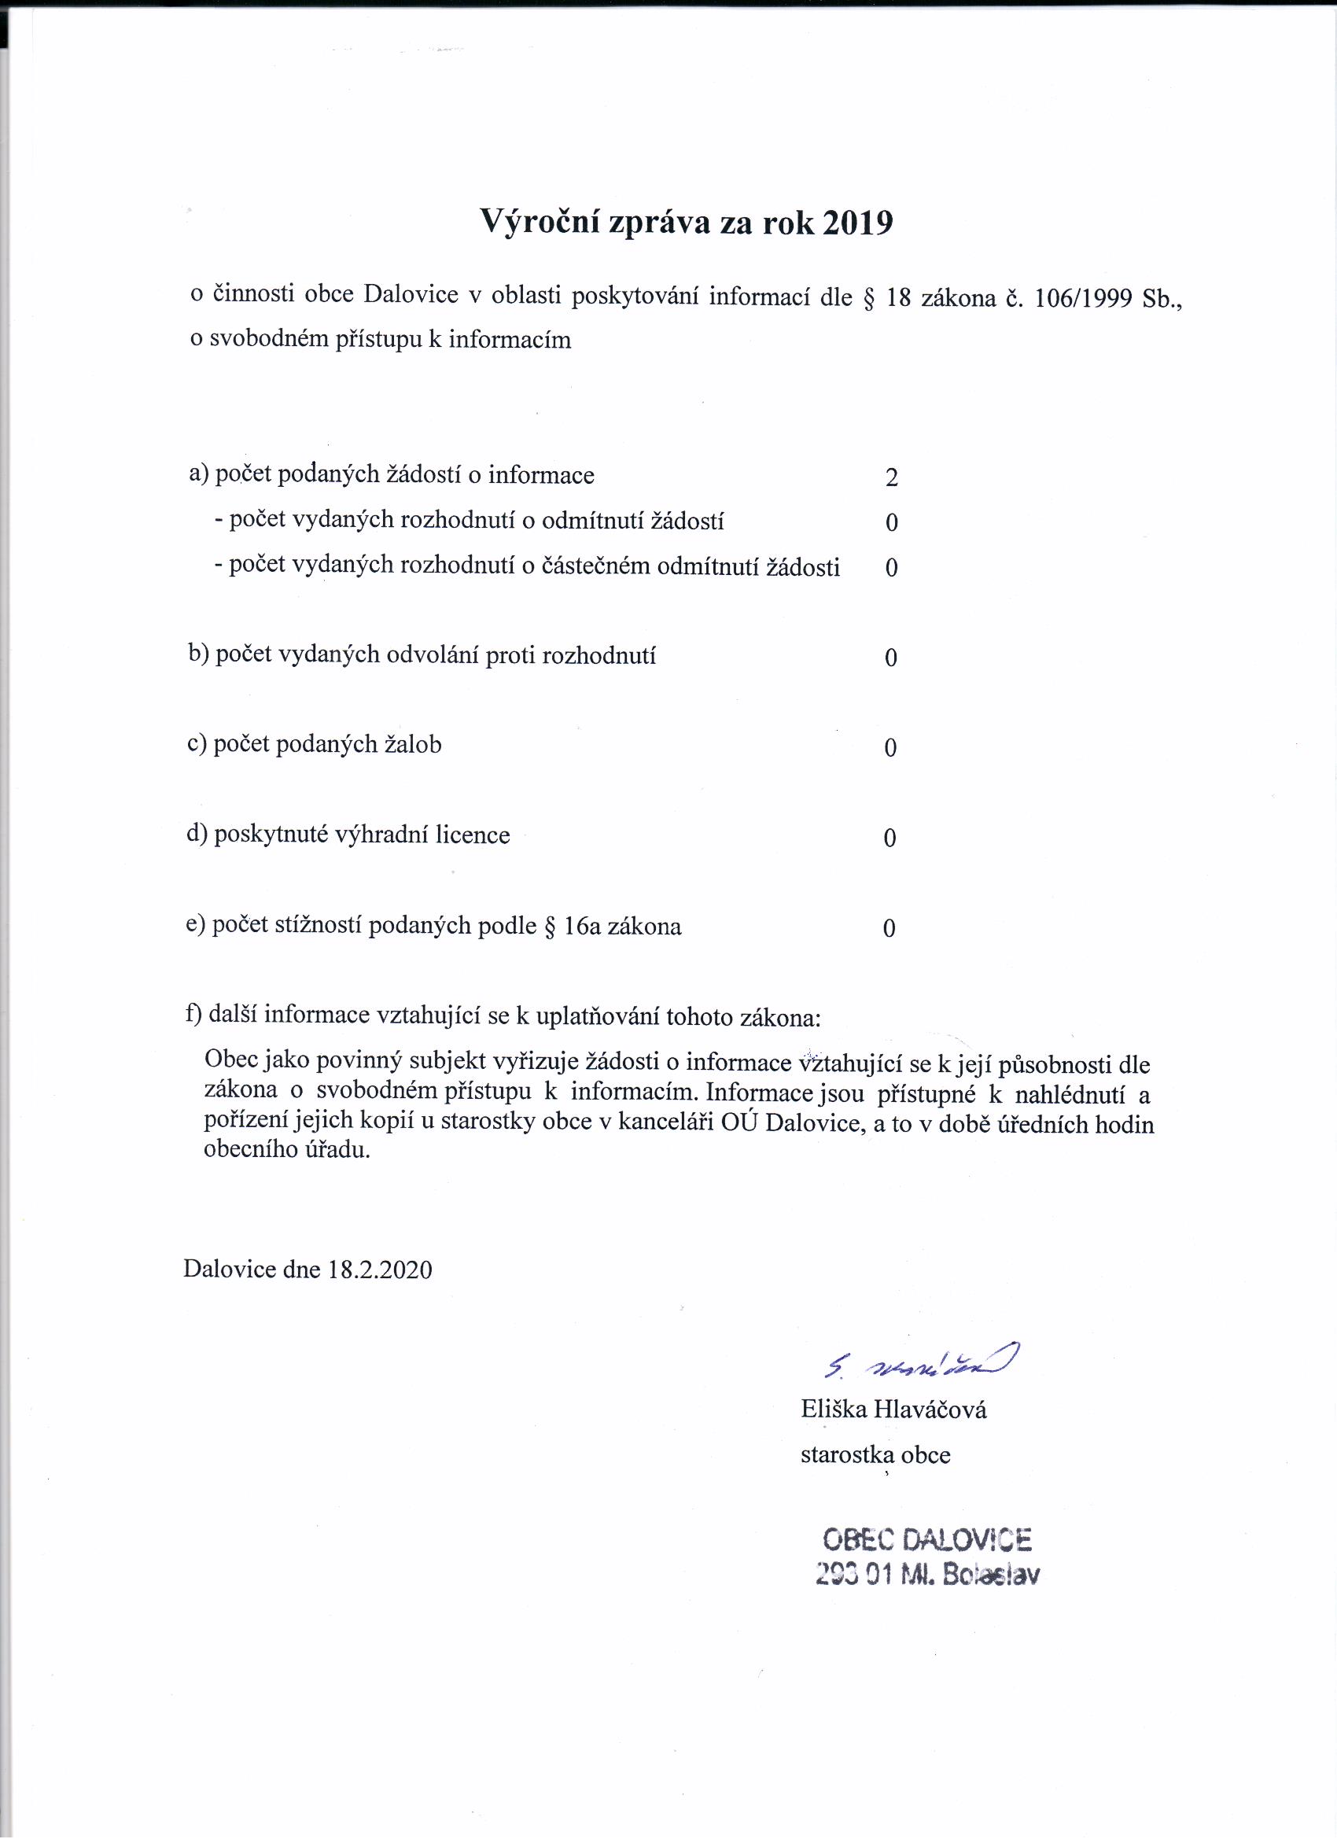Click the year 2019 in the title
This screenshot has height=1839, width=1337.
857,221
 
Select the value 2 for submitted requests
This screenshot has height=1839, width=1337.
892,477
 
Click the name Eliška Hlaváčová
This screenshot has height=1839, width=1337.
893,1410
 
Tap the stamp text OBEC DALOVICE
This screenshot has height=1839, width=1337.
926,1539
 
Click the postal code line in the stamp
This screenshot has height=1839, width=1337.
926,1575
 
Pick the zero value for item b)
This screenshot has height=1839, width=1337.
891,658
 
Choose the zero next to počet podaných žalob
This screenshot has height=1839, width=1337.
890,747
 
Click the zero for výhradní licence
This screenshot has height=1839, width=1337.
889,838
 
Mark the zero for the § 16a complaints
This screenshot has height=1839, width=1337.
889,927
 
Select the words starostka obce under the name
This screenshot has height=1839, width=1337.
875,1454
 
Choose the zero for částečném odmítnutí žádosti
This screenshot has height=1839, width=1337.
891,568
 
